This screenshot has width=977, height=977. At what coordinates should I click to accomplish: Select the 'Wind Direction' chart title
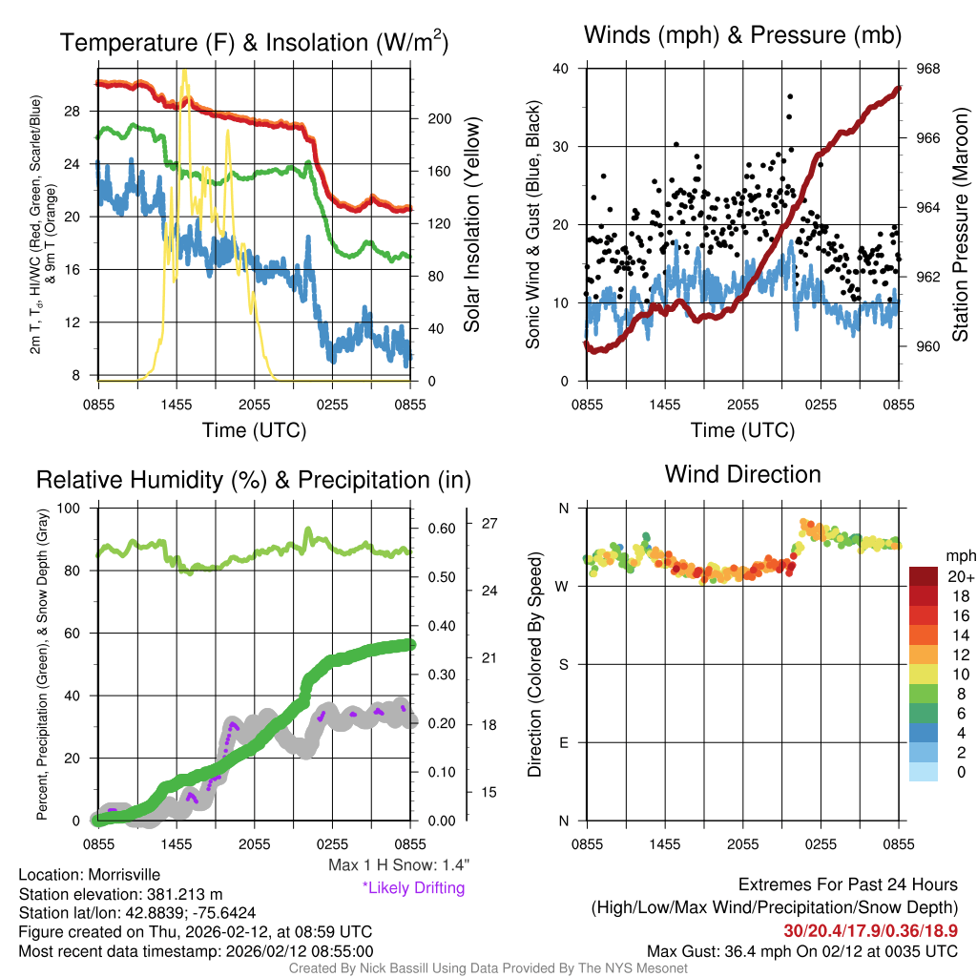(x=742, y=474)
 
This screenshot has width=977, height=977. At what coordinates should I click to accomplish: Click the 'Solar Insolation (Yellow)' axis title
(x=471, y=225)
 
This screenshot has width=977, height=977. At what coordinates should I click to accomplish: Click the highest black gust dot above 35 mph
(x=790, y=96)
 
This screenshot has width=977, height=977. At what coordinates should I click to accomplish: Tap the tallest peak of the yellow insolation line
(x=184, y=71)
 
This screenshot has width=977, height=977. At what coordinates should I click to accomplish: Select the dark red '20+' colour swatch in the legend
(x=925, y=576)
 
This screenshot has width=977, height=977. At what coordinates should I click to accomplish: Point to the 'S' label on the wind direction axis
(x=563, y=664)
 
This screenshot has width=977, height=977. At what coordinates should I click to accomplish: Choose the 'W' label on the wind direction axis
(x=563, y=586)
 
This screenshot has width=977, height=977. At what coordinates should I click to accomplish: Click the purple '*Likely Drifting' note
(x=413, y=887)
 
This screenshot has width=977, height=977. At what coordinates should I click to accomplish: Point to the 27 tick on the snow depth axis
(x=491, y=524)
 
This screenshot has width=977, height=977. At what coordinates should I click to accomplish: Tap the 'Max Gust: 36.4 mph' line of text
(x=801, y=951)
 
